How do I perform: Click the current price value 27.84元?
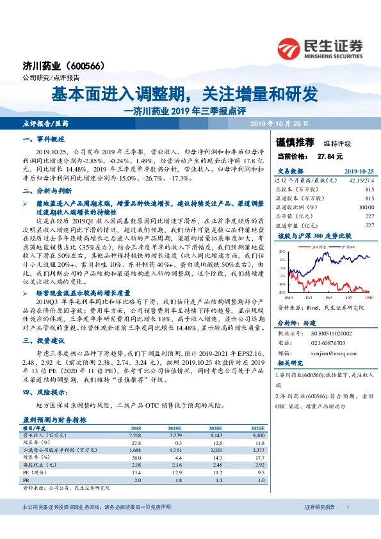(330, 156)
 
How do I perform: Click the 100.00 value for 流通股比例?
(366, 207)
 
